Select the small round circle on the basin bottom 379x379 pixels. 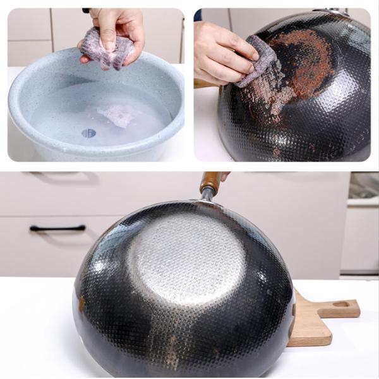pyautogui.click(x=88, y=133)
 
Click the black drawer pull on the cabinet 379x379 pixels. pyautogui.click(x=57, y=228)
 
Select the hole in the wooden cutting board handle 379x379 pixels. pyautogui.click(x=341, y=304)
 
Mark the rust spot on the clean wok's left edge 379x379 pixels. pyautogui.click(x=81, y=303)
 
